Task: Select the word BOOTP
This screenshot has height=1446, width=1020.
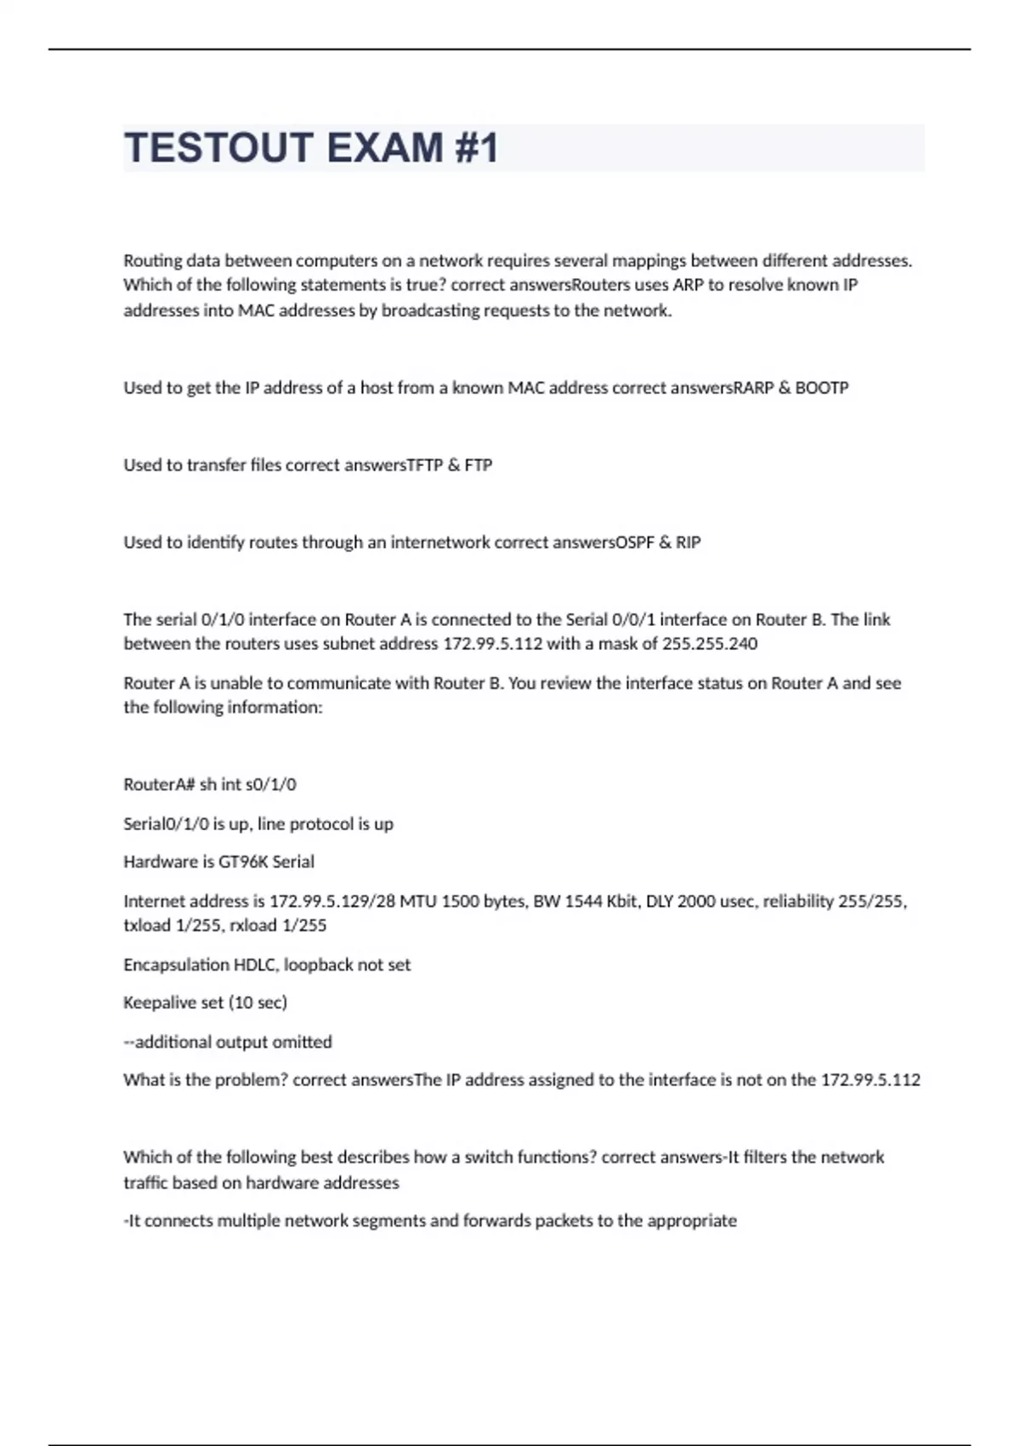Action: [x=821, y=388]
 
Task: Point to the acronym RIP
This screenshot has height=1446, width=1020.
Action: [x=688, y=543]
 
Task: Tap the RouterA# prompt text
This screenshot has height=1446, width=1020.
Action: [x=159, y=784]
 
